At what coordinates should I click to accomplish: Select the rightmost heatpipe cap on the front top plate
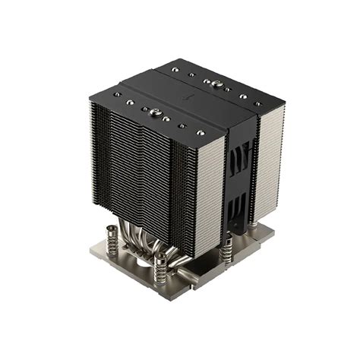tap(202, 130)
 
